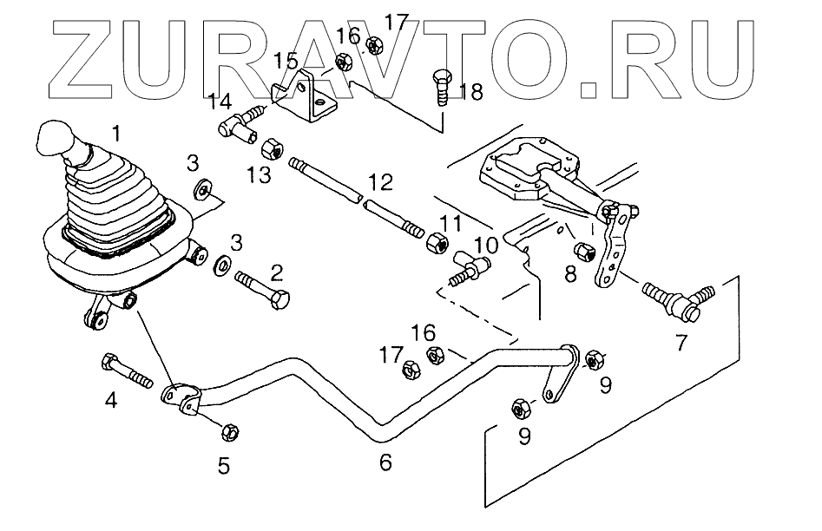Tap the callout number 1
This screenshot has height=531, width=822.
coord(116,133)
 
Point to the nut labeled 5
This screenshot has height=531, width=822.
coord(230,432)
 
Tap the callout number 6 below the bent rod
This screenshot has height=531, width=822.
coord(386,462)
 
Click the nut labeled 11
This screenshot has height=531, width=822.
coord(437,243)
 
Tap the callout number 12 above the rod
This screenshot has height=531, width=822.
coord(380,182)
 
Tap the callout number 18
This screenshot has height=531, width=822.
coord(471,92)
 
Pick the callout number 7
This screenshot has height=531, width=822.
coord(681,343)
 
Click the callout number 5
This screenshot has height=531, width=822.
coord(224,465)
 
